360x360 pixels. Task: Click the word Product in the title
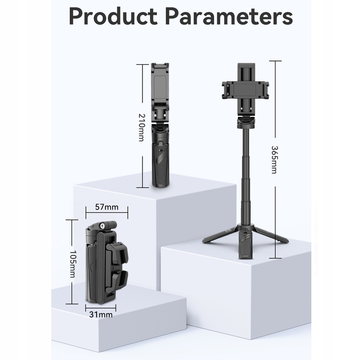[x=113, y=16]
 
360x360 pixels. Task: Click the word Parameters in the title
[x=229, y=16]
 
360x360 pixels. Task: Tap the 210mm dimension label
[x=142, y=127]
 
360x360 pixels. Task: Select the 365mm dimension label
[x=274, y=160]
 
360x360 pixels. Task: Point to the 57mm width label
[x=107, y=207]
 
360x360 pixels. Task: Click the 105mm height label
[x=73, y=264]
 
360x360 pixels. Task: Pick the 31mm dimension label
[x=101, y=315]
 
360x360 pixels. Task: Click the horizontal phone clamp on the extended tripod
[x=246, y=90]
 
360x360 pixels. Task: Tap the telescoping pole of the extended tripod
[x=246, y=177]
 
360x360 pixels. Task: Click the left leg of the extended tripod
[x=221, y=235]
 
